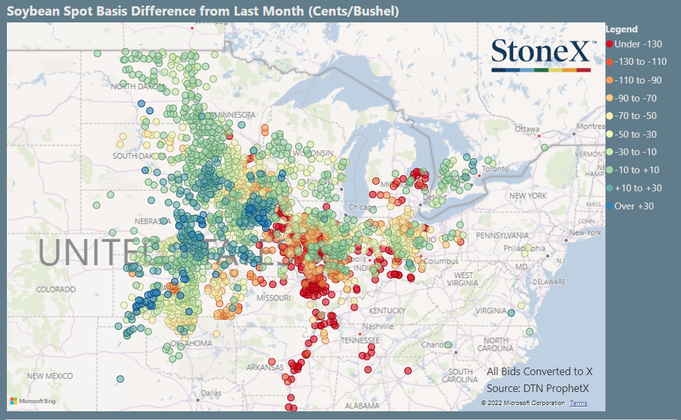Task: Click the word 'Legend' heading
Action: click(x=622, y=29)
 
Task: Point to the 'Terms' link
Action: click(x=578, y=403)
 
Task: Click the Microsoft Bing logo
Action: click(x=32, y=401)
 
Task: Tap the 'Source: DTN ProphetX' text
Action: click(x=538, y=389)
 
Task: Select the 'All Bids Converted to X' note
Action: click(x=539, y=371)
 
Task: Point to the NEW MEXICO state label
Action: click(x=49, y=376)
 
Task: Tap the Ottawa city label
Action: click(x=526, y=129)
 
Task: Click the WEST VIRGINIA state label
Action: click(x=463, y=279)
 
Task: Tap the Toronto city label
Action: click(x=494, y=169)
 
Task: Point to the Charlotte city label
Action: click(x=433, y=345)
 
